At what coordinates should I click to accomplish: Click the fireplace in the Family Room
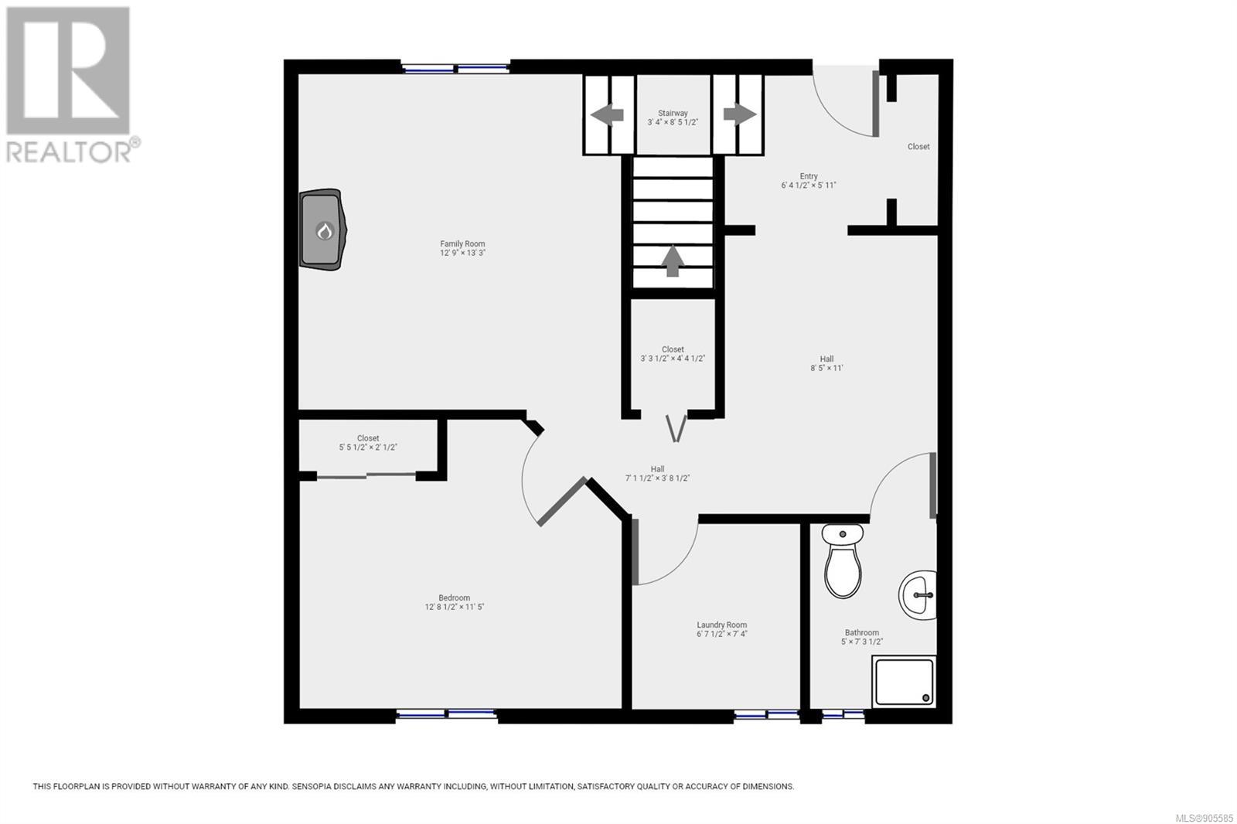(323, 230)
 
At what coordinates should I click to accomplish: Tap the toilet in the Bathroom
(842, 561)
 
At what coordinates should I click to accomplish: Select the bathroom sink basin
(918, 594)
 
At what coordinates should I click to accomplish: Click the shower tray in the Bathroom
(904, 681)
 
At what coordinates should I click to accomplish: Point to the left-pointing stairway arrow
(607, 115)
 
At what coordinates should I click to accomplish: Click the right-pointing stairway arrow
(740, 114)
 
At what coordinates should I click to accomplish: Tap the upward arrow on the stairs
(672, 260)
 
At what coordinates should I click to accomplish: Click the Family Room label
(462, 243)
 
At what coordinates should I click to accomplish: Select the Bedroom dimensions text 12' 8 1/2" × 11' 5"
(454, 607)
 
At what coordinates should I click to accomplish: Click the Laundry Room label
(722, 625)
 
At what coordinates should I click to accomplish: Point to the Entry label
(809, 176)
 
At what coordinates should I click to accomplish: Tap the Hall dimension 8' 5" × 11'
(826, 368)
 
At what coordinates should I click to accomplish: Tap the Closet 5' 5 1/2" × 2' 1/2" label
(368, 442)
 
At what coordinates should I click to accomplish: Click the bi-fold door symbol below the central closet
(676, 428)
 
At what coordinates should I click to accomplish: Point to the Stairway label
(673, 113)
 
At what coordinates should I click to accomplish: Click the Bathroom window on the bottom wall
(843, 715)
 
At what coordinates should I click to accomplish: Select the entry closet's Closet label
(918, 146)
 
